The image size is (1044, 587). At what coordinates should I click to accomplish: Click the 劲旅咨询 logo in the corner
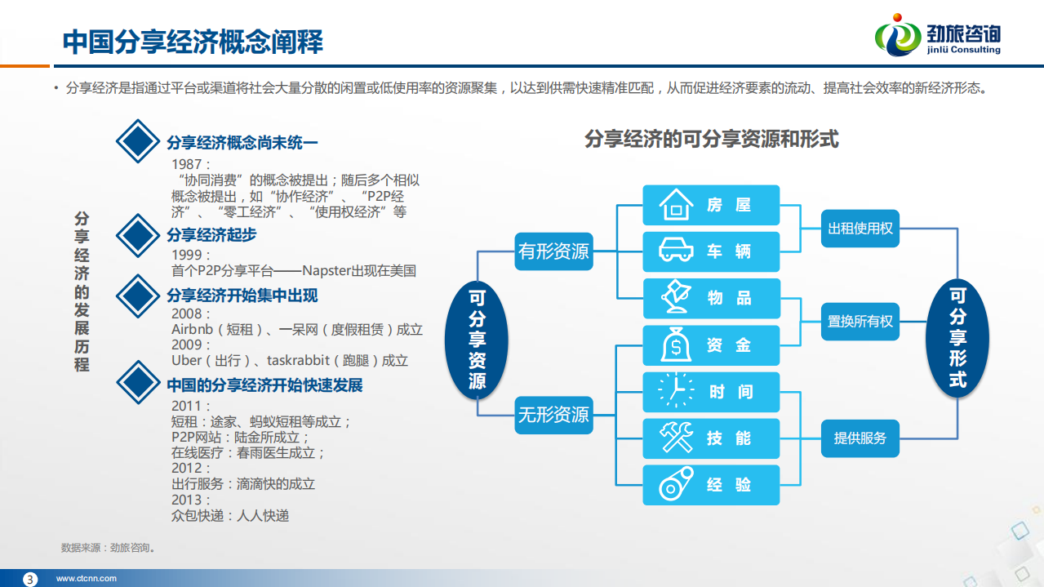point(938,37)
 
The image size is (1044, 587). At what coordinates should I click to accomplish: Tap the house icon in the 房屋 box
point(676,205)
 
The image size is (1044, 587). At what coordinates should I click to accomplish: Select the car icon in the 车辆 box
point(676,251)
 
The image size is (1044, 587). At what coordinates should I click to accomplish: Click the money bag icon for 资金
point(676,345)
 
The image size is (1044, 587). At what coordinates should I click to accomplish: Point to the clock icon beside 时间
point(676,391)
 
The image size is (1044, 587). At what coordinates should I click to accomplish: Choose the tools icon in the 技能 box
point(676,438)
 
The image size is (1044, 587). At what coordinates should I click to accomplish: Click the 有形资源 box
point(553,251)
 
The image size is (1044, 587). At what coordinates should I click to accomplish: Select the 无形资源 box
point(553,415)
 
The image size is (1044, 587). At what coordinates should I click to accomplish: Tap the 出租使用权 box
point(860,229)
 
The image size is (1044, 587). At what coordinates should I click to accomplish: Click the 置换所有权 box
point(860,322)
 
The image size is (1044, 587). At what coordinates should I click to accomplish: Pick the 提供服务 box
point(860,438)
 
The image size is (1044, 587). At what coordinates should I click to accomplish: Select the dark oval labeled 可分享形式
point(957,337)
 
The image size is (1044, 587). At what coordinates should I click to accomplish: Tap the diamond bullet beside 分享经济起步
point(137,235)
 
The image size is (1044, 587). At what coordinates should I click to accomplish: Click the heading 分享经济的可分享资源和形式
point(711,139)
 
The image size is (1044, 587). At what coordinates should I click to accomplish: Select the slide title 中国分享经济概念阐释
point(193,42)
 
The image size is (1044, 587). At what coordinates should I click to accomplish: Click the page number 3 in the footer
point(31,579)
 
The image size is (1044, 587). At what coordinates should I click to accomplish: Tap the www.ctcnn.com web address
point(86,579)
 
